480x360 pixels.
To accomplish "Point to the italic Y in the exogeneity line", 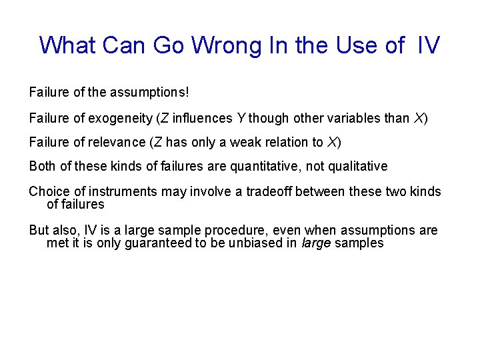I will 241,119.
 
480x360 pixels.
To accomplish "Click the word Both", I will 41,166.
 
